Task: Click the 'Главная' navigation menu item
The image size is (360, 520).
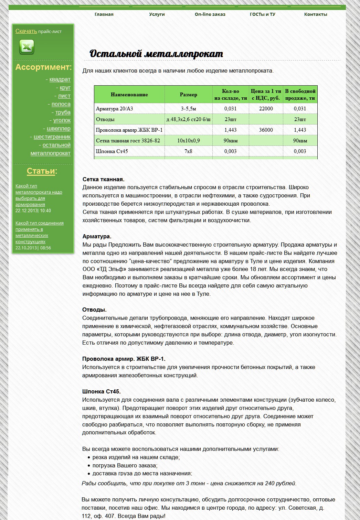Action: point(104,14)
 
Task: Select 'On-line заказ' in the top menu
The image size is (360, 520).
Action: point(210,14)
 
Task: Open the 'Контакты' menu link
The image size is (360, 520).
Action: point(316,14)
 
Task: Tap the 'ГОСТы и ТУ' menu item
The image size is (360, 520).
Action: point(263,14)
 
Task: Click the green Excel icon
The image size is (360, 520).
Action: point(27,47)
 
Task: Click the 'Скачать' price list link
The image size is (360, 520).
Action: point(26,31)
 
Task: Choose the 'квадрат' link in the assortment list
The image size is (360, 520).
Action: point(60,79)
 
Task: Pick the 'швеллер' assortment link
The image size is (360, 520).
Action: point(59,129)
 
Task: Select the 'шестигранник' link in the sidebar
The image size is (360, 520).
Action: point(52,137)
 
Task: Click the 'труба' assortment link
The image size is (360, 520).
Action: point(63,112)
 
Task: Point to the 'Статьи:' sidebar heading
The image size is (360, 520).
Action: point(42,171)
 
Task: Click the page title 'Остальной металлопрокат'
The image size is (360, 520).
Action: point(156,54)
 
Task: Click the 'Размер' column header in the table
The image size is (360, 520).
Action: point(189,95)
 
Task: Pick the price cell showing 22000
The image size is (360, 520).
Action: point(266,109)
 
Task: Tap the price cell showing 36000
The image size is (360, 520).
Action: point(266,130)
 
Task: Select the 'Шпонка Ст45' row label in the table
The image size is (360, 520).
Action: point(112,151)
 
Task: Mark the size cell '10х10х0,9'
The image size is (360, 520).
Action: point(189,141)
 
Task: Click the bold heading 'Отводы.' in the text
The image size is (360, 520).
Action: point(94,310)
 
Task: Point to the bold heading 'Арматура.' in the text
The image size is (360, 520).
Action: point(97,237)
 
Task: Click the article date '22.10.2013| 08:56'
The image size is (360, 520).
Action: point(33,248)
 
